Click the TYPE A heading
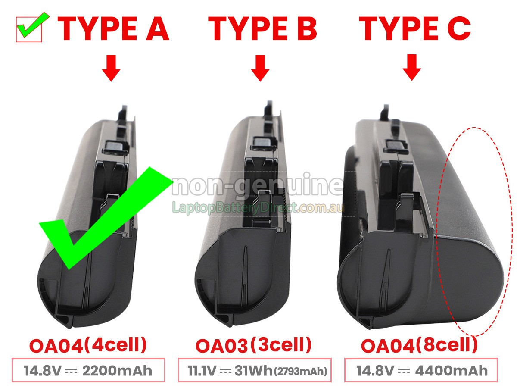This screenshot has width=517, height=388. coord(113,29)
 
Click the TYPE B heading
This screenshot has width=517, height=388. coord(262,29)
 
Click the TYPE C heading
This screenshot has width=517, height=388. coord(414,29)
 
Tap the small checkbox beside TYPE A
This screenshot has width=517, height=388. coord(29,29)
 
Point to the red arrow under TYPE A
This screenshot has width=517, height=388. coord(111,68)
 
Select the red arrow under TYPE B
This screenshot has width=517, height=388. coord(260,68)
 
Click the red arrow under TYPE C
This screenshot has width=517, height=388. coord(412,68)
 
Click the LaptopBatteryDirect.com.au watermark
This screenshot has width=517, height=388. coord(258,207)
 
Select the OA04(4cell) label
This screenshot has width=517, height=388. coord(88,345)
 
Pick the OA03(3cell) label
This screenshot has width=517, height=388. coord(253,345)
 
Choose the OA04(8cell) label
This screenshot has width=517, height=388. coord(419,345)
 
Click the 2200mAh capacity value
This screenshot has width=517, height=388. coord(117,371)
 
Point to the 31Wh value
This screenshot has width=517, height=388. coord(253,371)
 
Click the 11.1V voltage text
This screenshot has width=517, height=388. coord(202,371)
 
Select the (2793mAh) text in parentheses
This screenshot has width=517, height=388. coord(301,372)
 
